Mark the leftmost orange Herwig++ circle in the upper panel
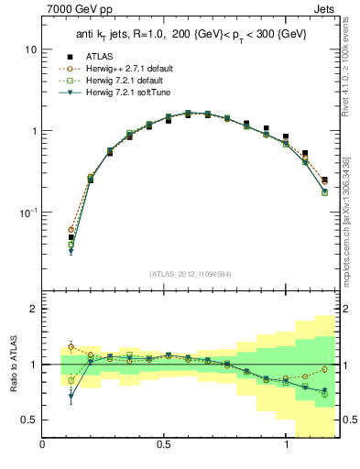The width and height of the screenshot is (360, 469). point(71,230)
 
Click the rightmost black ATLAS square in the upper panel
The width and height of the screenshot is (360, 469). point(325,180)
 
